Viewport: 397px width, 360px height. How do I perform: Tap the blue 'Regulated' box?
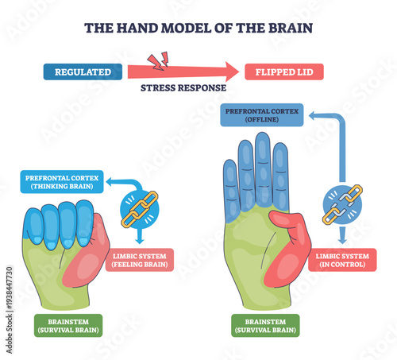[82, 72]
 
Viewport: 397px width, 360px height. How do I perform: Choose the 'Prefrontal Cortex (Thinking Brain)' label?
[60, 182]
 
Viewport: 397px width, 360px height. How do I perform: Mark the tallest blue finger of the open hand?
[262, 171]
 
